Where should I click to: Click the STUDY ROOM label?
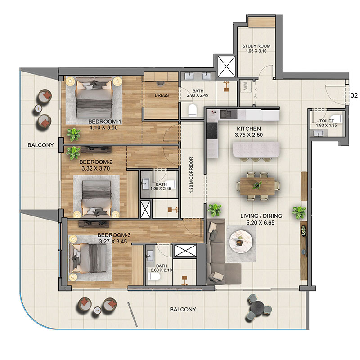click(x=256, y=46)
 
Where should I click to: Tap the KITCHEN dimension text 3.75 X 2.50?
click(x=249, y=135)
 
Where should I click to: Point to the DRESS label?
click(x=162, y=95)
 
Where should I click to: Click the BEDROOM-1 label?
click(x=105, y=121)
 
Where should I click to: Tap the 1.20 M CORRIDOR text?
click(x=192, y=175)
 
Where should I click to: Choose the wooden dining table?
click(x=257, y=186)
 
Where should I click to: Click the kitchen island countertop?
click(x=256, y=150)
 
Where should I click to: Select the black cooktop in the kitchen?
click(x=212, y=131)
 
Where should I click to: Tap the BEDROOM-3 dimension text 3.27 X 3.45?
click(x=113, y=242)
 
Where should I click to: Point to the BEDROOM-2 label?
click(x=96, y=162)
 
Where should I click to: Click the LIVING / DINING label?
click(x=261, y=216)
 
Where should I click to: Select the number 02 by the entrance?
click(x=354, y=95)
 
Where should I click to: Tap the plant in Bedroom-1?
click(x=73, y=135)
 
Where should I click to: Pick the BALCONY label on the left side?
click(x=40, y=145)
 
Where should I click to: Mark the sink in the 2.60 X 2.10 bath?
click(x=151, y=255)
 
